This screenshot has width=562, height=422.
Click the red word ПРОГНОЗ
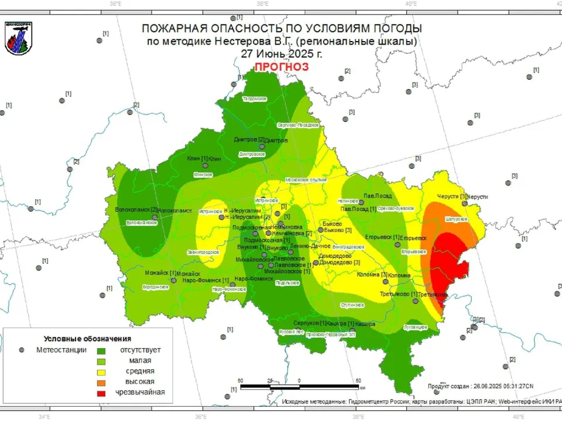point(281,67)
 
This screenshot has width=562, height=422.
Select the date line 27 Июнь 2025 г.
point(282,53)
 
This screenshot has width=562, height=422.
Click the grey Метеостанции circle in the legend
point(22,350)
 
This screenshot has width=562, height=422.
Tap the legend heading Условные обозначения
point(87,339)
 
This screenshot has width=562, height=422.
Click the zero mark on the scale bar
point(299,380)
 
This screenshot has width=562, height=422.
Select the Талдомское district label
point(255,98)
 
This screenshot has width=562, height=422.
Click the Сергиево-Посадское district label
point(298,125)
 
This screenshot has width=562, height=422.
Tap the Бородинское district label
point(156,287)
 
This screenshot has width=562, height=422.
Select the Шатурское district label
point(457,219)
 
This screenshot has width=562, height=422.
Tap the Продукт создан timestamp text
point(480,386)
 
